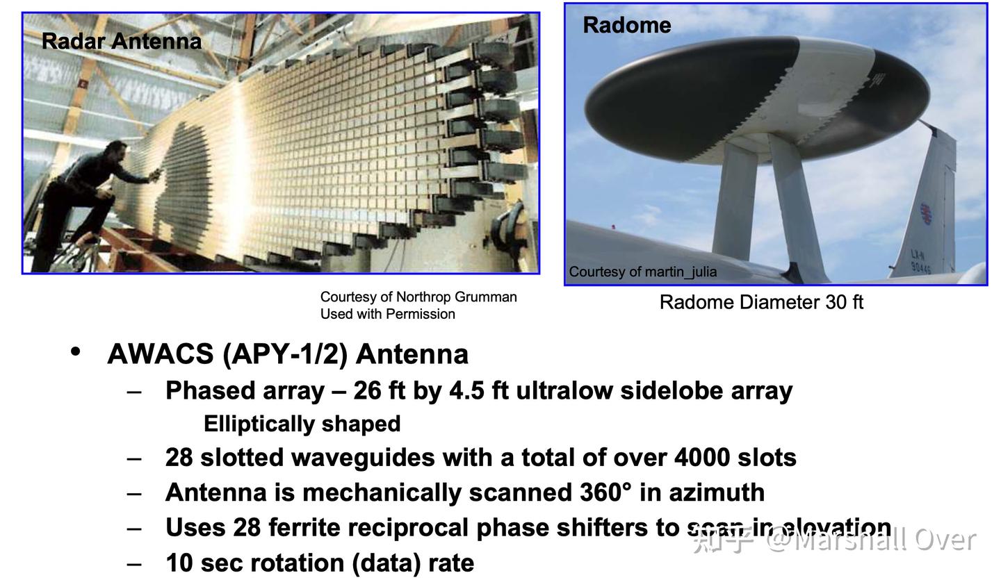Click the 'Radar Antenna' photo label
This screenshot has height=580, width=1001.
(122, 42)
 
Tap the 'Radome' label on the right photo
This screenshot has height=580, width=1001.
(627, 25)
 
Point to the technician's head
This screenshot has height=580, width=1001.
(117, 153)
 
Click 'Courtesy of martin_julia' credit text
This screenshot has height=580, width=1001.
(642, 272)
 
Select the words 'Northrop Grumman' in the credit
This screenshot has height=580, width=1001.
(456, 297)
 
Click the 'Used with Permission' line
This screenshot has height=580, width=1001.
(387, 314)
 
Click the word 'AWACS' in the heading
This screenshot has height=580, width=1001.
(161, 354)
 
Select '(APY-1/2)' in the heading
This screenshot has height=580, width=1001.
(285, 354)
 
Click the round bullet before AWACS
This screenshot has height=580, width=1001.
(76, 351)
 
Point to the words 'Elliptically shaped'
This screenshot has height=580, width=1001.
(302, 424)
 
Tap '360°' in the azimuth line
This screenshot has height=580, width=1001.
(606, 492)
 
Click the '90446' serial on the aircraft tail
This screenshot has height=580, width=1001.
(922, 267)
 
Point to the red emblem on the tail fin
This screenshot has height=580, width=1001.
(926, 214)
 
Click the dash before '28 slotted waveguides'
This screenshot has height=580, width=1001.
(134, 459)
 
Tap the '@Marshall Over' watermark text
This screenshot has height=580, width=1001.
(872, 540)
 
